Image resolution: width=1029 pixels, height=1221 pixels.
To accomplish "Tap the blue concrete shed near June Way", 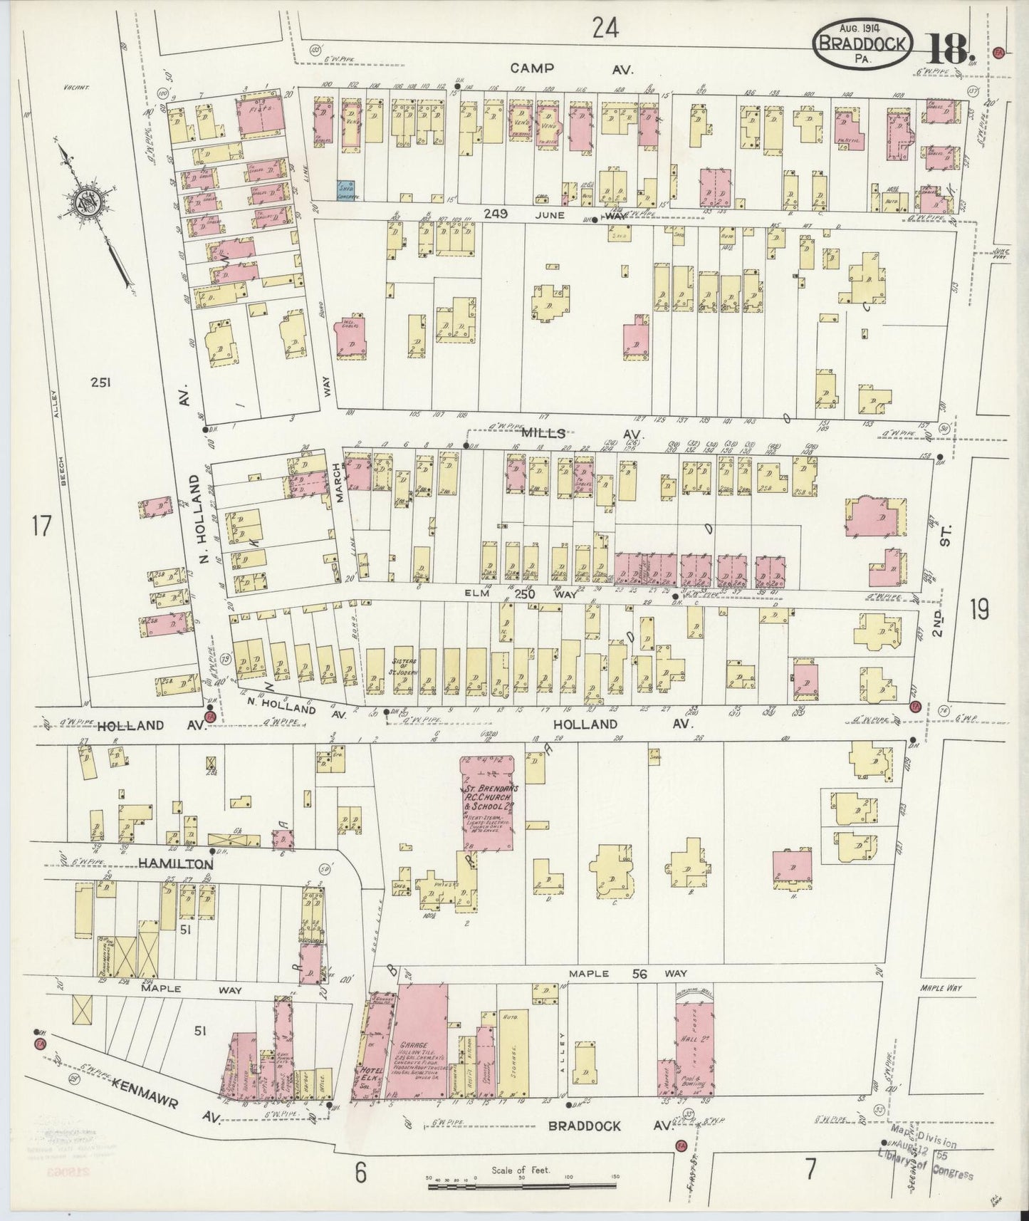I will click(x=347, y=189).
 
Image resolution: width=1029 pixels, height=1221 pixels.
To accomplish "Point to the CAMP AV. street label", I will click(x=563, y=68).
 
